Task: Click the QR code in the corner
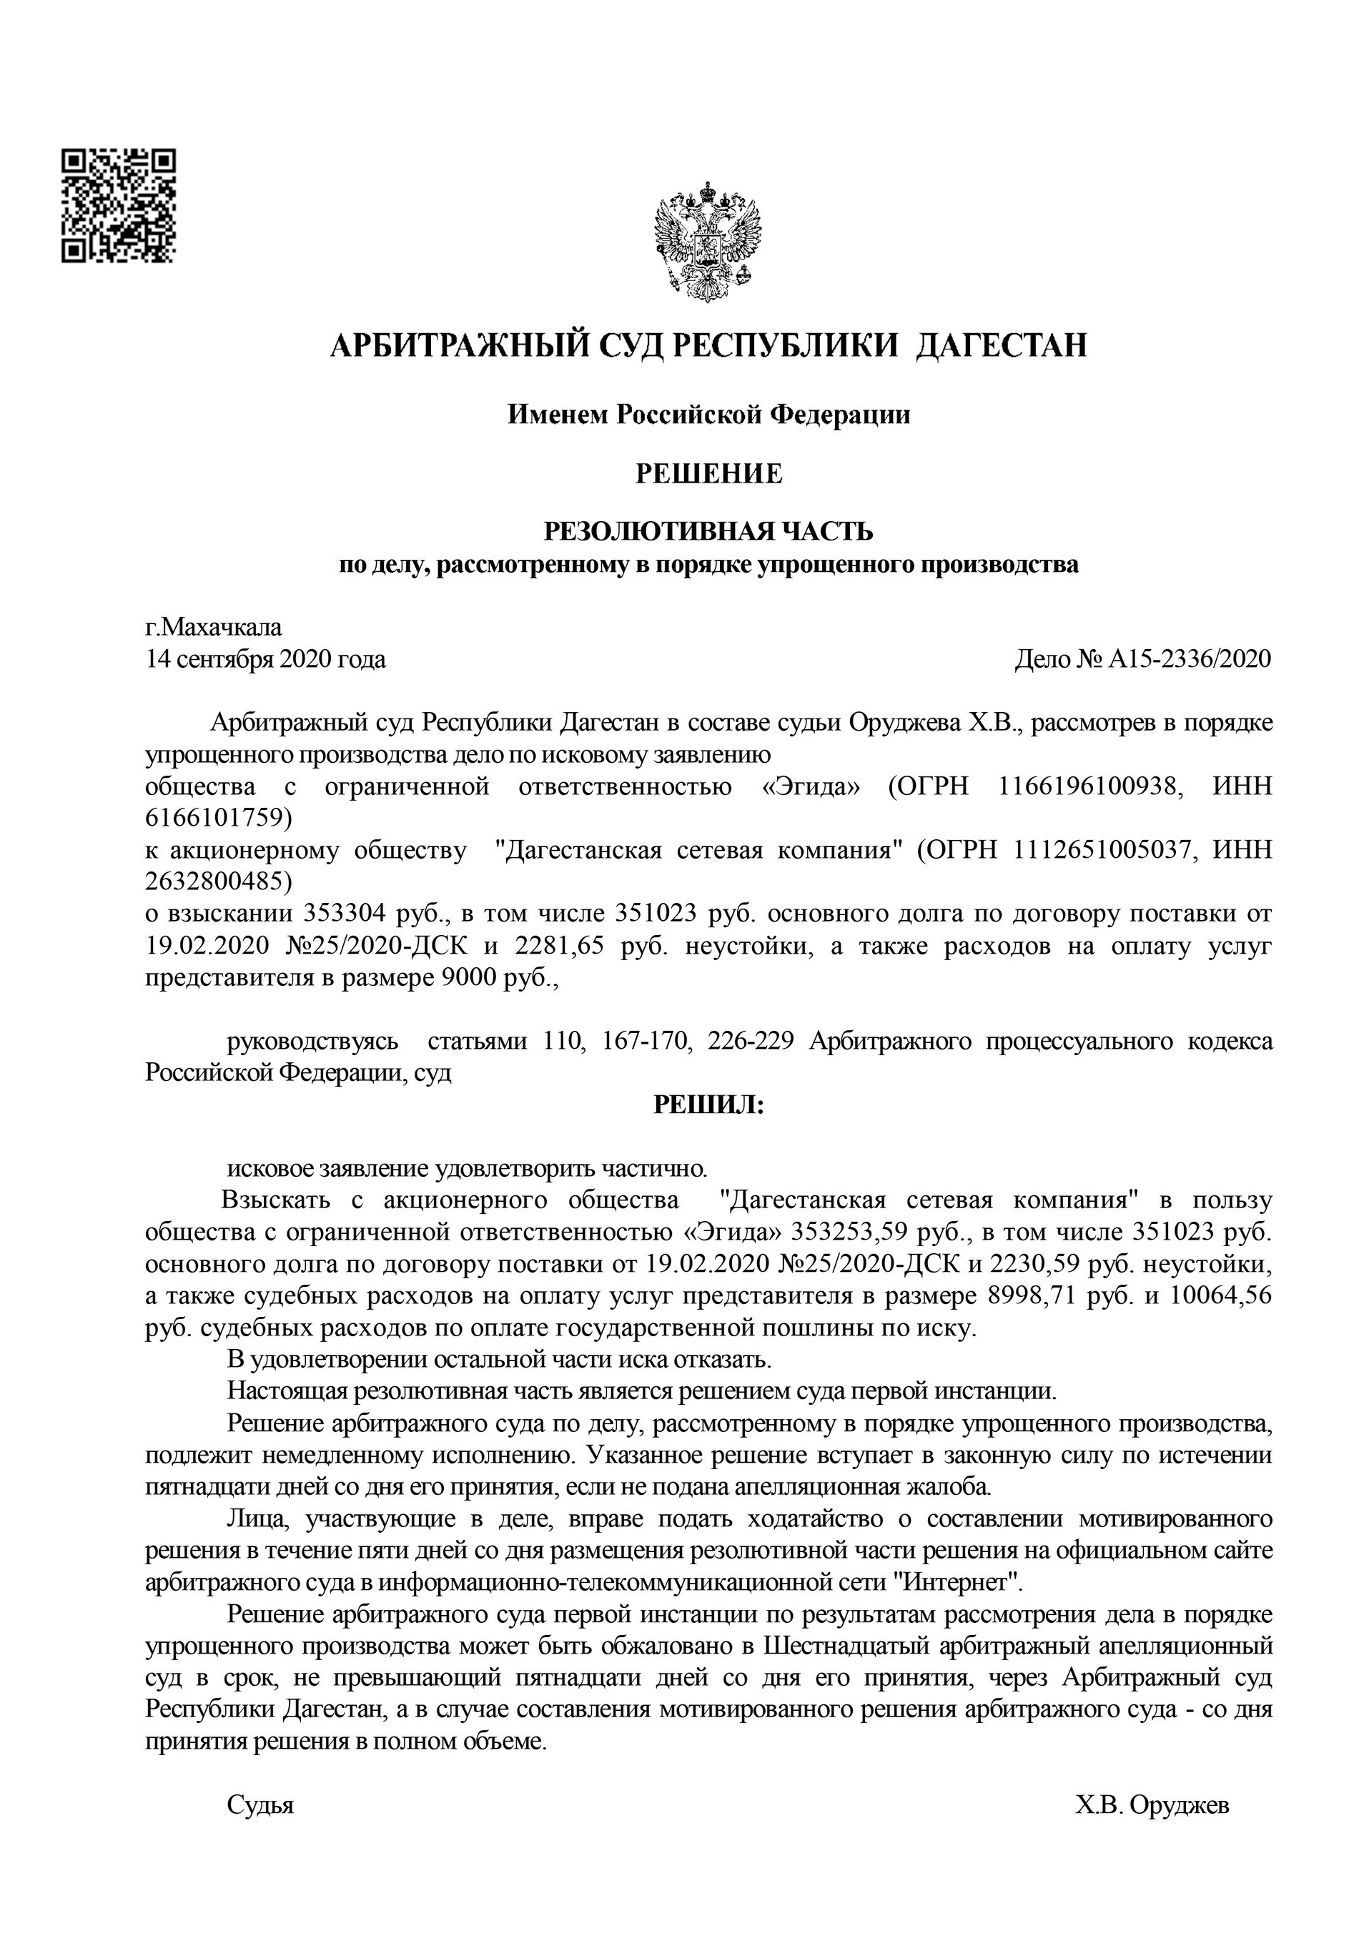[119, 204]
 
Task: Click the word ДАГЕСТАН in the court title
[1002, 346]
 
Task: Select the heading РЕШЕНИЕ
[708, 474]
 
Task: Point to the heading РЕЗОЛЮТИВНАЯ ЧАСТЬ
[708, 532]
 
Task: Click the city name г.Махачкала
[214, 627]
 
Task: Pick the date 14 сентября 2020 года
[265, 659]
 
